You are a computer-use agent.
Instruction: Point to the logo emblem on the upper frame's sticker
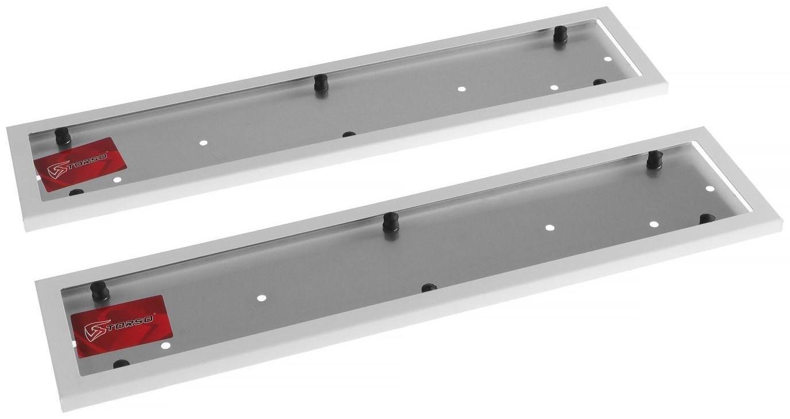(x=57, y=170)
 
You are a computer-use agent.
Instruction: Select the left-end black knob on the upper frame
(x=63, y=136)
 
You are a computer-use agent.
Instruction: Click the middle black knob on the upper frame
(x=321, y=83)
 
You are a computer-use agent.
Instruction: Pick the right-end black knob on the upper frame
(x=560, y=34)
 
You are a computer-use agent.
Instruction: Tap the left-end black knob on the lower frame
(x=99, y=291)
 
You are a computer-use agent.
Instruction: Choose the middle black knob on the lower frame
(x=391, y=222)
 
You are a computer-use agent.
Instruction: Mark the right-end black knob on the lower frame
(x=654, y=159)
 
